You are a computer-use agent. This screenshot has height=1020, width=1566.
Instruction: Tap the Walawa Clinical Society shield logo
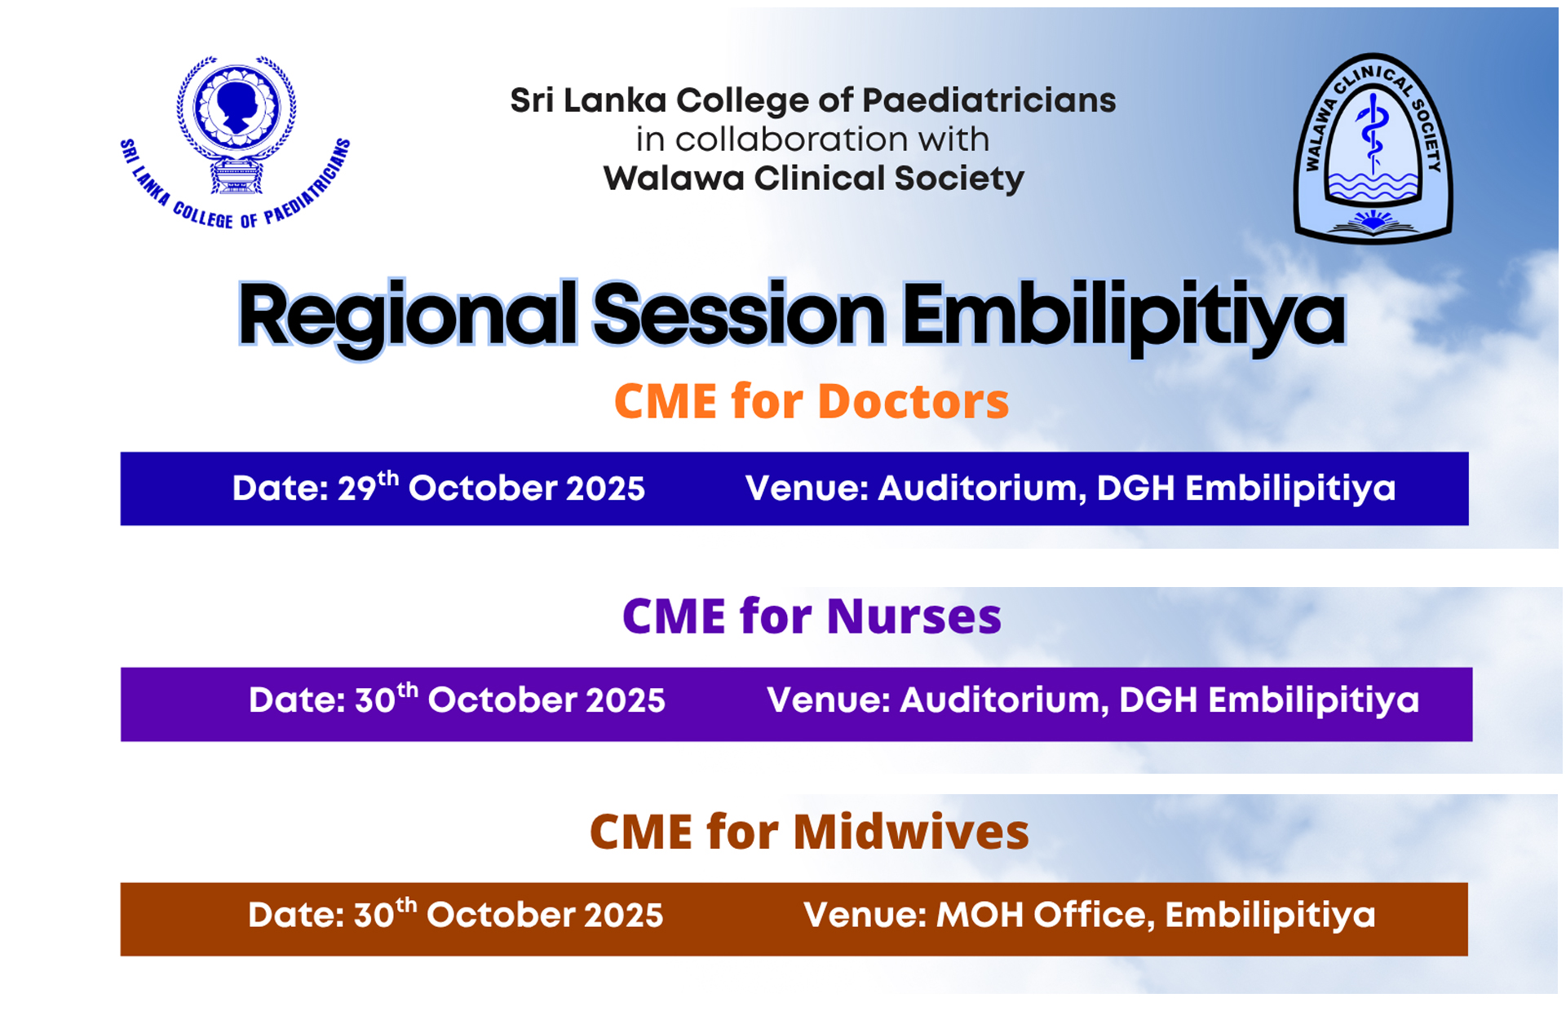1373,148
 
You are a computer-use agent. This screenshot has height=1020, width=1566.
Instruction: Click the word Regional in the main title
407,317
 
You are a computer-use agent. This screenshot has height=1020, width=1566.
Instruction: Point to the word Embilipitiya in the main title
1124,317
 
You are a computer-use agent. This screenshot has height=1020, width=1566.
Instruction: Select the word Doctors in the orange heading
913,401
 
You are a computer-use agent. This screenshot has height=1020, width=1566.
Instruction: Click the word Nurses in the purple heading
913,616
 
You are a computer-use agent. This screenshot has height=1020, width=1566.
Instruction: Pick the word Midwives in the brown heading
911,832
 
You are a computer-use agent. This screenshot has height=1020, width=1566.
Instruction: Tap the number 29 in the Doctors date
357,488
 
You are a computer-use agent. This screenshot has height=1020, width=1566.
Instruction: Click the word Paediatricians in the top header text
989,100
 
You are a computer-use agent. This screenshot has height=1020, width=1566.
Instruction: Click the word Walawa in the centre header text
674,179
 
